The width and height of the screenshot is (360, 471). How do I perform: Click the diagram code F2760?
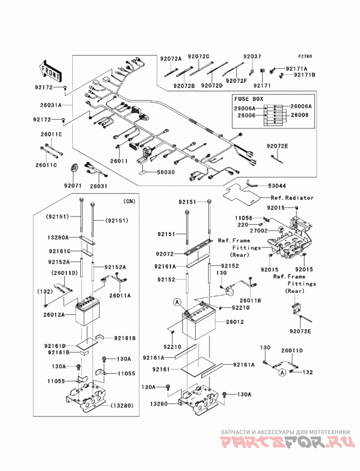305,57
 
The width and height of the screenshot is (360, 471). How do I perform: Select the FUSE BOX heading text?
249,99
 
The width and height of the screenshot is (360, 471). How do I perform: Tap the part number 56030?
165,172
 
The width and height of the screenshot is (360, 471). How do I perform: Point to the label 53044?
277,186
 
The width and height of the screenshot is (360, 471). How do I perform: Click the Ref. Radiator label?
292,198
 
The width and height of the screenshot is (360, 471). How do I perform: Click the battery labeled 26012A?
87,312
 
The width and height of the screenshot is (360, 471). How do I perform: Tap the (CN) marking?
129,201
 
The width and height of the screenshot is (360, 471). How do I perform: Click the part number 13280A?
58,238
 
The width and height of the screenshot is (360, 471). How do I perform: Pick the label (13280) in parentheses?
121,406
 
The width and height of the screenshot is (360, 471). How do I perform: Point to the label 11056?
244,218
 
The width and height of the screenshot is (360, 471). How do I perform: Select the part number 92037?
252,56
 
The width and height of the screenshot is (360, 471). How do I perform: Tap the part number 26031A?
51,105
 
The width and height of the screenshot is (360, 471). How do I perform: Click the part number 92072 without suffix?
165,254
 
